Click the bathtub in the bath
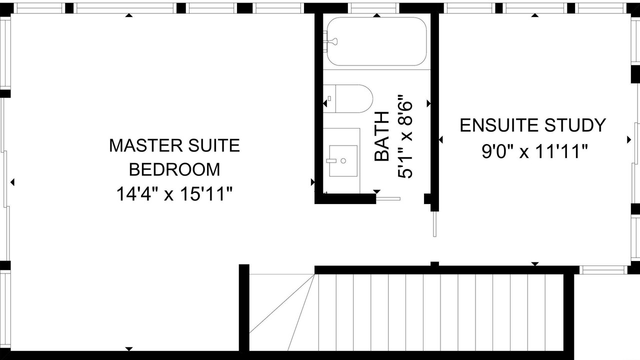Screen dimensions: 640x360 tap(376, 41)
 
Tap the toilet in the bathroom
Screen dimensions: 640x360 tap(348, 98)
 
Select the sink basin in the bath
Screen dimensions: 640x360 tap(343, 161)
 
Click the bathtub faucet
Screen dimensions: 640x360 tap(331, 41)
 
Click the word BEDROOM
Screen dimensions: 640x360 tap(174, 169)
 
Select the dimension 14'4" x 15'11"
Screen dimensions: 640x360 tap(174, 194)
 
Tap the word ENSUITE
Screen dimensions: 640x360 tap(499, 125)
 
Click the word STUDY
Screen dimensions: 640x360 tap(575, 125)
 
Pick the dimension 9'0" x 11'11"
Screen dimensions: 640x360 tap(534, 151)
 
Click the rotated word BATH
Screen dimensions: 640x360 tap(381, 136)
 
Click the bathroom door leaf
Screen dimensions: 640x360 tap(388, 198)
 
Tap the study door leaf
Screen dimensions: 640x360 tap(435, 224)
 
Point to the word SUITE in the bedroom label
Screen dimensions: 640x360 tap(214, 145)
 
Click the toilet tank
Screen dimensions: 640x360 tap(329, 98)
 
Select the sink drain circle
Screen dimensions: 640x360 tap(343, 161)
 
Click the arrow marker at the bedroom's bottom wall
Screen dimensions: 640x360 tap(129, 349)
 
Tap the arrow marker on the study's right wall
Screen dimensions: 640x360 tap(629, 139)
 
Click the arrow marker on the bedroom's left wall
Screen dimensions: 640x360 tap(12, 182)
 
